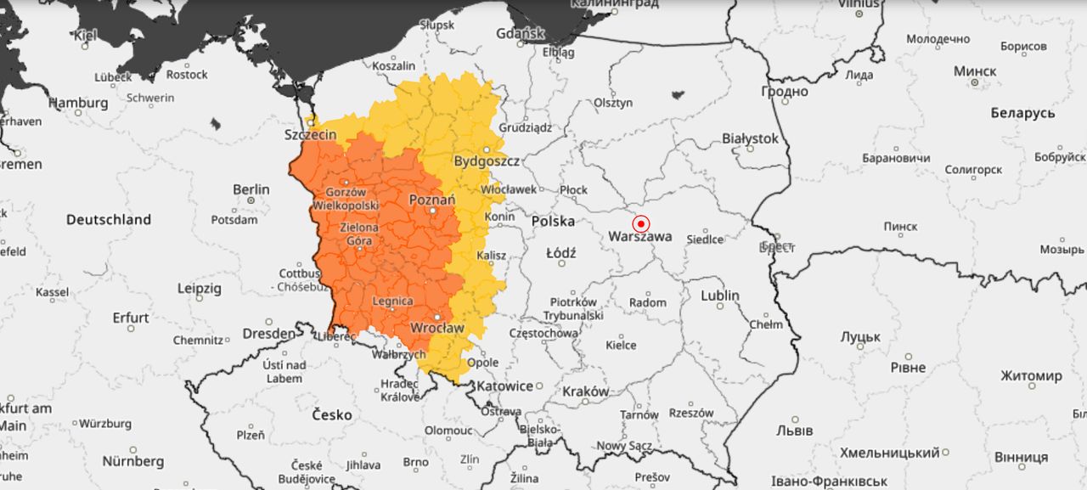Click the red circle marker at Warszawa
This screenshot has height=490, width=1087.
pos(641,224)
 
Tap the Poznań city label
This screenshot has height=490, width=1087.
pos(431,199)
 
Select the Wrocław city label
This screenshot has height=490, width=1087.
pos(437,328)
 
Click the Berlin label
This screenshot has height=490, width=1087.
pos(251,189)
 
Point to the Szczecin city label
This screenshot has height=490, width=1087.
pos(310,134)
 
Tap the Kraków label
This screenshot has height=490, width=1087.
pos(586,391)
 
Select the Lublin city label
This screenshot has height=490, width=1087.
pos(720,296)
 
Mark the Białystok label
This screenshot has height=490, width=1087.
pos(750,138)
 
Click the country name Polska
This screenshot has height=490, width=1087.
pos(553,221)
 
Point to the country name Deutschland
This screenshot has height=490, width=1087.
pos(109,219)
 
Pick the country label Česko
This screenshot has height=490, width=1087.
pos(332,414)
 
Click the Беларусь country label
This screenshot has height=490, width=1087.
pos(1022,113)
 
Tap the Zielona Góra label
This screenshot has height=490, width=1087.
pos(359,234)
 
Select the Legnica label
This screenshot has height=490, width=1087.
pos(392,301)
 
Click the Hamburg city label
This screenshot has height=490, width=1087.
pos(78,103)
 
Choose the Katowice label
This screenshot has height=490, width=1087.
pos(504,386)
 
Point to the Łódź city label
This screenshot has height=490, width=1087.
pos(561,253)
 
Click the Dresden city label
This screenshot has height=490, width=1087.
pos(268,334)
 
